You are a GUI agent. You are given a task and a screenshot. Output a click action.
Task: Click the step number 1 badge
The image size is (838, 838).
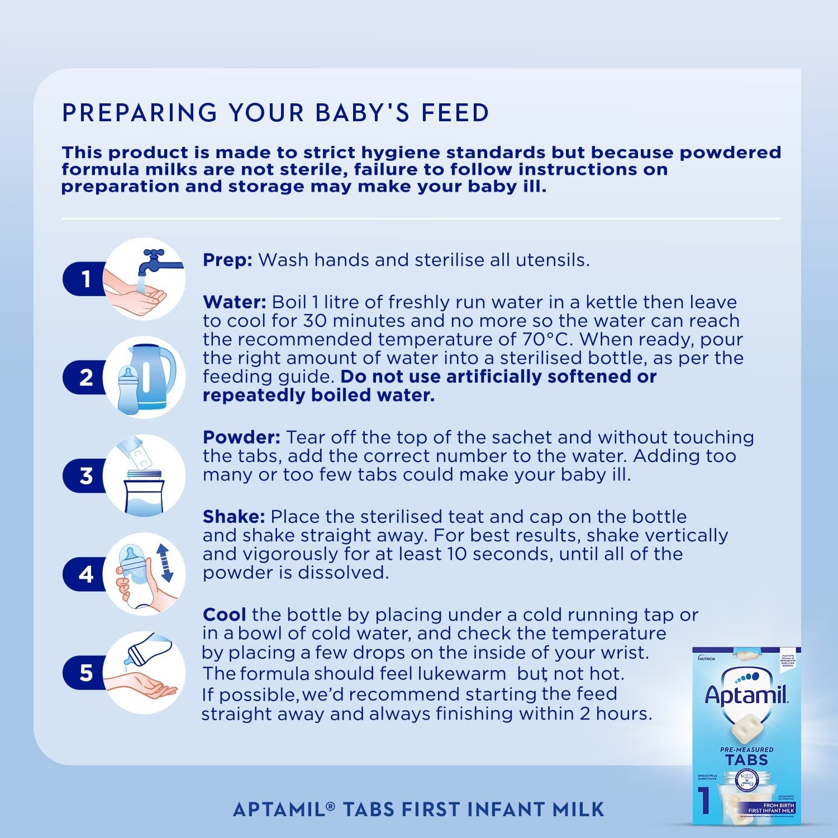point(85,279)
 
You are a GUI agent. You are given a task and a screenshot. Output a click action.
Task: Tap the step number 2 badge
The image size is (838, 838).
point(85,378)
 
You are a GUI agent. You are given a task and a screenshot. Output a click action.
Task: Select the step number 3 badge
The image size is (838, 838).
point(85,476)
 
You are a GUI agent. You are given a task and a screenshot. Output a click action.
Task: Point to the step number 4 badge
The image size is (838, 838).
point(85,574)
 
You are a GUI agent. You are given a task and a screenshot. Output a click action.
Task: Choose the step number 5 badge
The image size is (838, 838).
point(85,673)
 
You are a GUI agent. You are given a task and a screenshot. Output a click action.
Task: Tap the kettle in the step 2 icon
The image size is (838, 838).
point(154,374)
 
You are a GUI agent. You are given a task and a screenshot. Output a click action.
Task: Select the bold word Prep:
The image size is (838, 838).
point(227,260)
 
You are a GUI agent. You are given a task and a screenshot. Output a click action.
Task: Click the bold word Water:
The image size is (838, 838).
point(235,302)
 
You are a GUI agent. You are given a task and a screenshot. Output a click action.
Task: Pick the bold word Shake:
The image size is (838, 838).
point(234,517)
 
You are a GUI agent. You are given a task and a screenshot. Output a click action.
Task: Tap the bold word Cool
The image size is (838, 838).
point(224,615)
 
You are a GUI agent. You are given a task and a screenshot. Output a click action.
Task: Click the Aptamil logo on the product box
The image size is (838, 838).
point(746,694)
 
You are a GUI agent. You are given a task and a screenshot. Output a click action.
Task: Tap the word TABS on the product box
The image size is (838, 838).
point(746,760)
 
